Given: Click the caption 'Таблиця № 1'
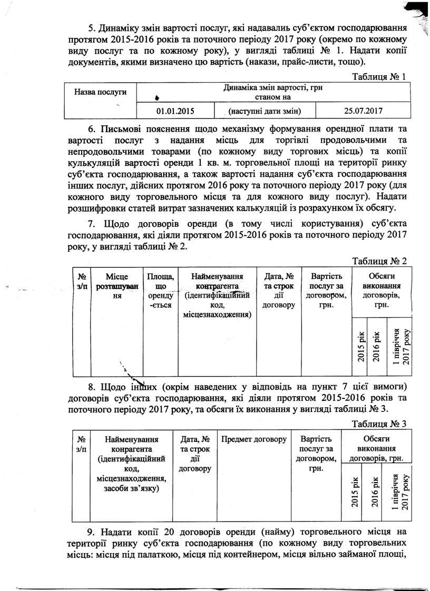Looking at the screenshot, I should (x=379, y=77).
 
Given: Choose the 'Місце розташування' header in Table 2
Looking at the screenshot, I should (x=116, y=286).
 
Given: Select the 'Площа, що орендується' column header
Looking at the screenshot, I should (x=160, y=291).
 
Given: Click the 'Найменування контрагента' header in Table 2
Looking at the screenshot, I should (x=217, y=295).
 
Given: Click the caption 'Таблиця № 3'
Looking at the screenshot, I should (x=379, y=424).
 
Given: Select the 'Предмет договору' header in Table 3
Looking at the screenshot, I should (x=254, y=439).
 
